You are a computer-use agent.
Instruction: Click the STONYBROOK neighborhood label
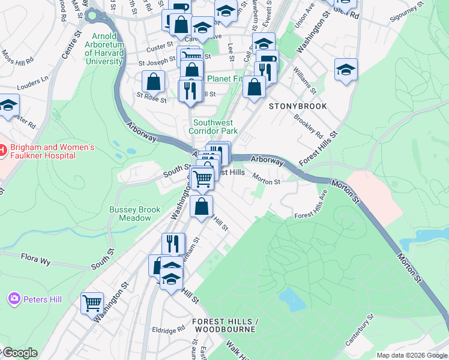pyautogui.click(x=298, y=106)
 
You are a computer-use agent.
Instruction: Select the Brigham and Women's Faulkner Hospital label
pyautogui.click(x=47, y=151)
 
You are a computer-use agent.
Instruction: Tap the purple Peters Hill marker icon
pyautogui.click(x=13, y=298)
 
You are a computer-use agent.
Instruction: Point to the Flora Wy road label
pyautogui.click(x=36, y=260)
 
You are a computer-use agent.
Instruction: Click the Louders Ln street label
pyautogui.click(x=33, y=80)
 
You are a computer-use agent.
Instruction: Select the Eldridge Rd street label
pyautogui.click(x=168, y=330)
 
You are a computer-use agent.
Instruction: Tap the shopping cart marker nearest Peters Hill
pyautogui.click(x=92, y=303)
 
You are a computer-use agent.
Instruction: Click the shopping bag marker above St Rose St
pyautogui.click(x=154, y=81)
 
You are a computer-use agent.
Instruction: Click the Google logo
pyautogui.click(x=19, y=353)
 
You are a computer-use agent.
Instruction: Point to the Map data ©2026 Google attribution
pyautogui.click(x=411, y=355)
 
